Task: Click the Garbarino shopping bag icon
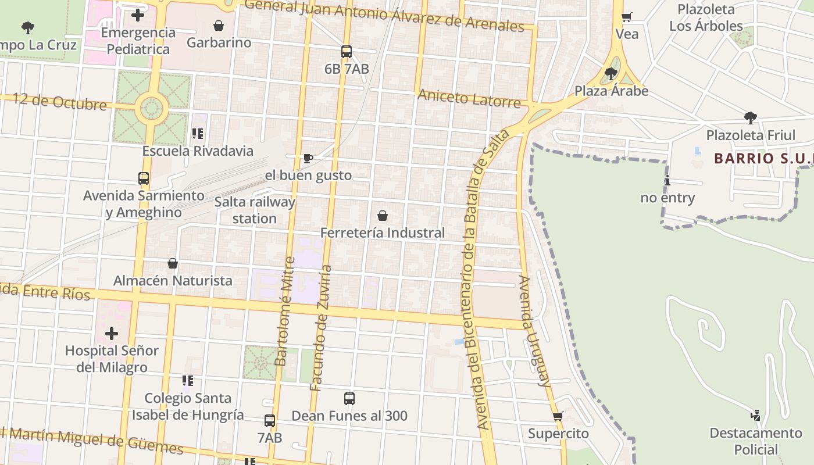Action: tap(219, 26)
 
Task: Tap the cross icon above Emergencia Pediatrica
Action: tap(138, 15)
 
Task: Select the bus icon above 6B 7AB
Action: tap(347, 52)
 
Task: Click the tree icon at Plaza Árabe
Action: tap(610, 74)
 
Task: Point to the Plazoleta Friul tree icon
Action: tap(751, 118)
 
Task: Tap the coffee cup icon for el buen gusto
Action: tap(308, 158)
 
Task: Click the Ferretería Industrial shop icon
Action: tap(383, 216)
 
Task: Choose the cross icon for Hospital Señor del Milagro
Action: tap(111, 334)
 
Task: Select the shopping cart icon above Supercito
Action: tap(558, 417)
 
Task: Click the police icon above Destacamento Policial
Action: tap(755, 416)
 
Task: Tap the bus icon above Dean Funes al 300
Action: tap(349, 399)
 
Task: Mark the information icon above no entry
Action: tap(667, 181)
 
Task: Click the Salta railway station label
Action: tap(255, 210)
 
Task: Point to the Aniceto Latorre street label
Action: tap(469, 98)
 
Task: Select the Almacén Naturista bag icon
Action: tap(173, 263)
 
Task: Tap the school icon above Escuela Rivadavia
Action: tap(198, 134)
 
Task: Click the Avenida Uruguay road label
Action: tap(534, 331)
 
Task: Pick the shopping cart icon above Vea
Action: tap(626, 17)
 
